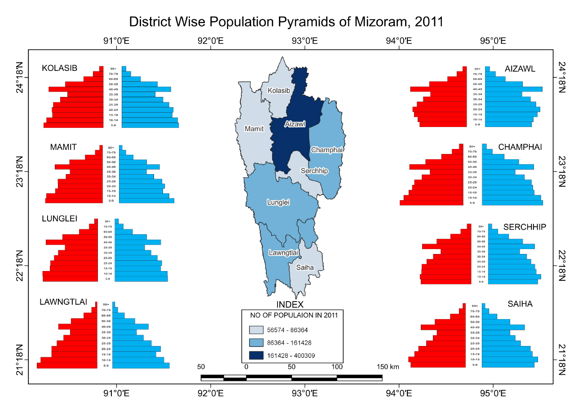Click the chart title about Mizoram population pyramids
click(x=286, y=22)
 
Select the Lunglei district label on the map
click(x=278, y=202)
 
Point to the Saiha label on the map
click(x=304, y=267)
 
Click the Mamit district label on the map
click(x=254, y=129)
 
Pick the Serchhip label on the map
click(x=314, y=171)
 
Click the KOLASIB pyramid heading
click(x=60, y=68)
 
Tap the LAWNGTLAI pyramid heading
click(x=63, y=302)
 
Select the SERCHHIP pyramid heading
click(x=525, y=227)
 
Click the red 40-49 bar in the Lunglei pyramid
click(x=72, y=242)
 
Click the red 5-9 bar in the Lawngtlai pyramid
click(x=67, y=366)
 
